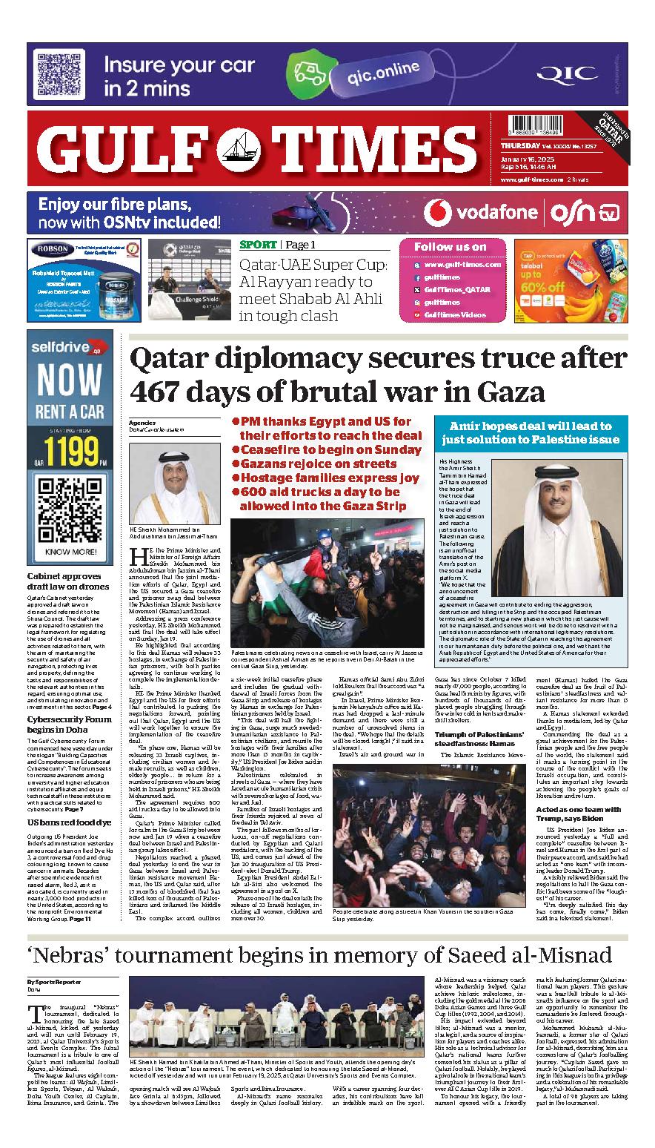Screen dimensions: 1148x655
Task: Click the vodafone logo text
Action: [496, 213]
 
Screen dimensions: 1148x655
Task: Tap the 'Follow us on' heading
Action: [450, 247]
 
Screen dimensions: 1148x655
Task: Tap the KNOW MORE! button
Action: [70, 531]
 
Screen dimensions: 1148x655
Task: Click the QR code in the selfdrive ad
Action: [70, 496]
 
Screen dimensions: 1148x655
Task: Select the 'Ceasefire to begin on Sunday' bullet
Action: [326, 450]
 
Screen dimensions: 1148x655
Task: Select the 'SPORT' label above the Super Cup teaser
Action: [257, 245]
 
